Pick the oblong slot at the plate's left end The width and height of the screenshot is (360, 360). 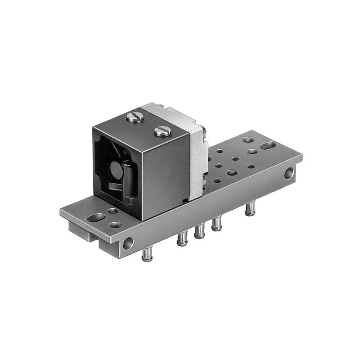click(x=96, y=218)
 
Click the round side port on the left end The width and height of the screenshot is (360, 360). click(x=129, y=243)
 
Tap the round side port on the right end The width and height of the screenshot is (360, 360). click(x=290, y=172)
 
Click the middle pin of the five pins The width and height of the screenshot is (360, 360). click(x=198, y=230)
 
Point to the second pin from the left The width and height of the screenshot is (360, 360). click(x=181, y=238)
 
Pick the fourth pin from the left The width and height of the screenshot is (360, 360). click(x=216, y=223)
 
